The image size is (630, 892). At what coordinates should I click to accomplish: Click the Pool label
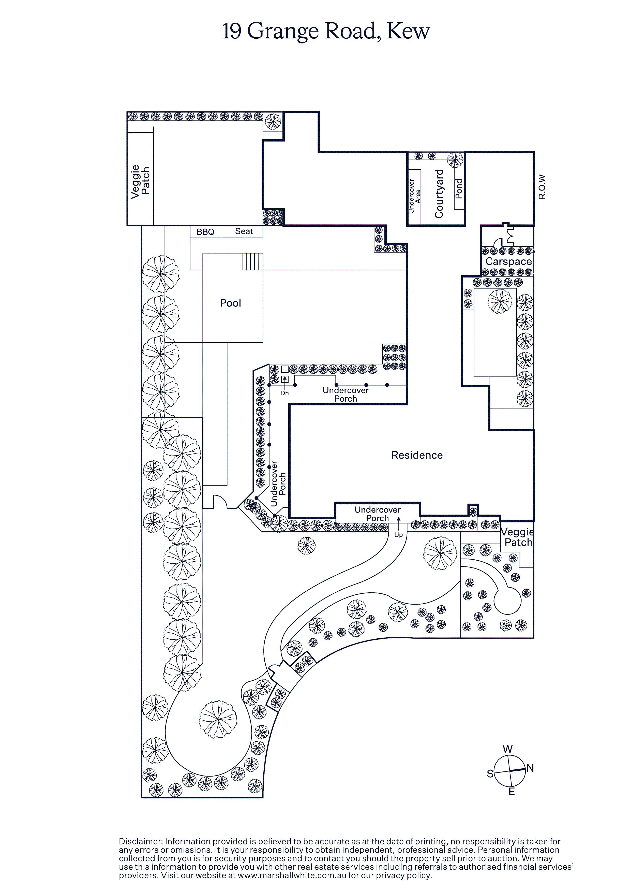coord(230,303)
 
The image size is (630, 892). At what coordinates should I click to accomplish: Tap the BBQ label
coord(205,232)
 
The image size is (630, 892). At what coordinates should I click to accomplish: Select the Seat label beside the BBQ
coord(244,231)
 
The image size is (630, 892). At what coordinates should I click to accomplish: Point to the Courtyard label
coord(439,194)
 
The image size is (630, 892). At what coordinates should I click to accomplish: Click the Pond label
coord(459,189)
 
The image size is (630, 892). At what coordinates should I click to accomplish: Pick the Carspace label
coord(508,261)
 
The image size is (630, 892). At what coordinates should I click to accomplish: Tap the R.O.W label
coord(542,187)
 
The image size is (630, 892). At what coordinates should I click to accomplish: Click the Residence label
coord(417,455)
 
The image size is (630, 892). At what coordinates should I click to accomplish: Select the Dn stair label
coord(285,393)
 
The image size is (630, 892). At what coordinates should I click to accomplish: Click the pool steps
coord(252,261)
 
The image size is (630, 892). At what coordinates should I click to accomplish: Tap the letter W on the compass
coord(508,749)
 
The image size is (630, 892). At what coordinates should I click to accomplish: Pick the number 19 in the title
coord(232,32)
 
